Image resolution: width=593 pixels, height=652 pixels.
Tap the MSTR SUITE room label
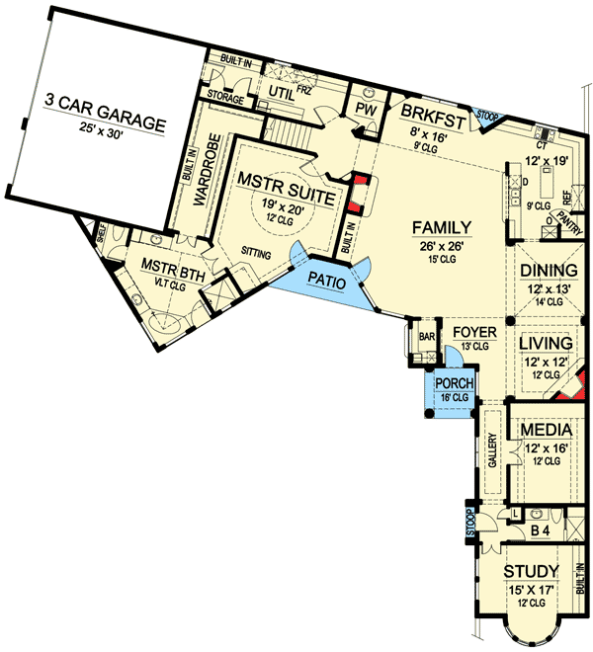(x=294, y=181)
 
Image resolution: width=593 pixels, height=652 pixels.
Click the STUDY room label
(x=532, y=572)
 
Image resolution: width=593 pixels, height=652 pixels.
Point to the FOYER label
(x=474, y=332)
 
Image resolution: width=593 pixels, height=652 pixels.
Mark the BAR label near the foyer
(x=427, y=337)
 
